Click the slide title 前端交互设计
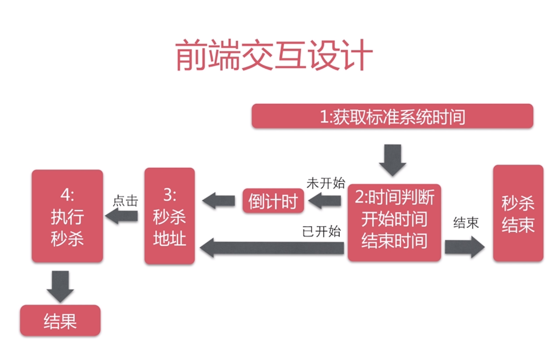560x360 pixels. (x=274, y=56)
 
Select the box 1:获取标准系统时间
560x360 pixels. (x=392, y=116)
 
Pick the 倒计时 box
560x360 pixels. (x=273, y=201)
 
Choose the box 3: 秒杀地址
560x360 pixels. (x=169, y=216)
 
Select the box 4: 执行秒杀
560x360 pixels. (x=67, y=216)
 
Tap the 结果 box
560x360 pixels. (x=60, y=321)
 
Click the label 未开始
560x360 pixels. (x=326, y=183)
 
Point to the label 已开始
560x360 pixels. (x=322, y=231)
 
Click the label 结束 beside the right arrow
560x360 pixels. (x=466, y=222)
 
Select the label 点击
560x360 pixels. (x=125, y=200)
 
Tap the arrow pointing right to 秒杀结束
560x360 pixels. (x=464, y=247)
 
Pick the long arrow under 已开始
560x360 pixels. (x=272, y=248)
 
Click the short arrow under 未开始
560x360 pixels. (x=325, y=201)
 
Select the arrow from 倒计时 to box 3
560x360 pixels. (x=219, y=201)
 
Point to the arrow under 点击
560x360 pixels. (x=121, y=216)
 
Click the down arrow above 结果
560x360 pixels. (x=60, y=286)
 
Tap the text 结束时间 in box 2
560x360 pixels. (x=394, y=241)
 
